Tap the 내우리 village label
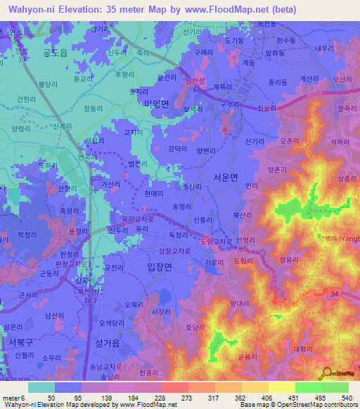[324, 48]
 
